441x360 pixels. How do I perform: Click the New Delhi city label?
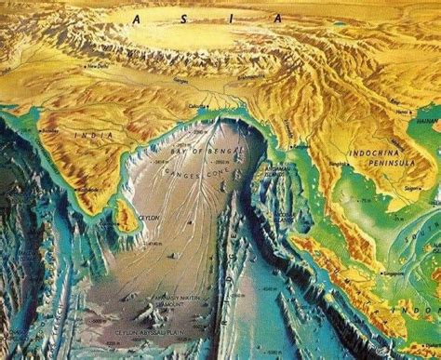(96, 67)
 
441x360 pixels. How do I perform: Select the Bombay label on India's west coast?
(49, 130)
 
